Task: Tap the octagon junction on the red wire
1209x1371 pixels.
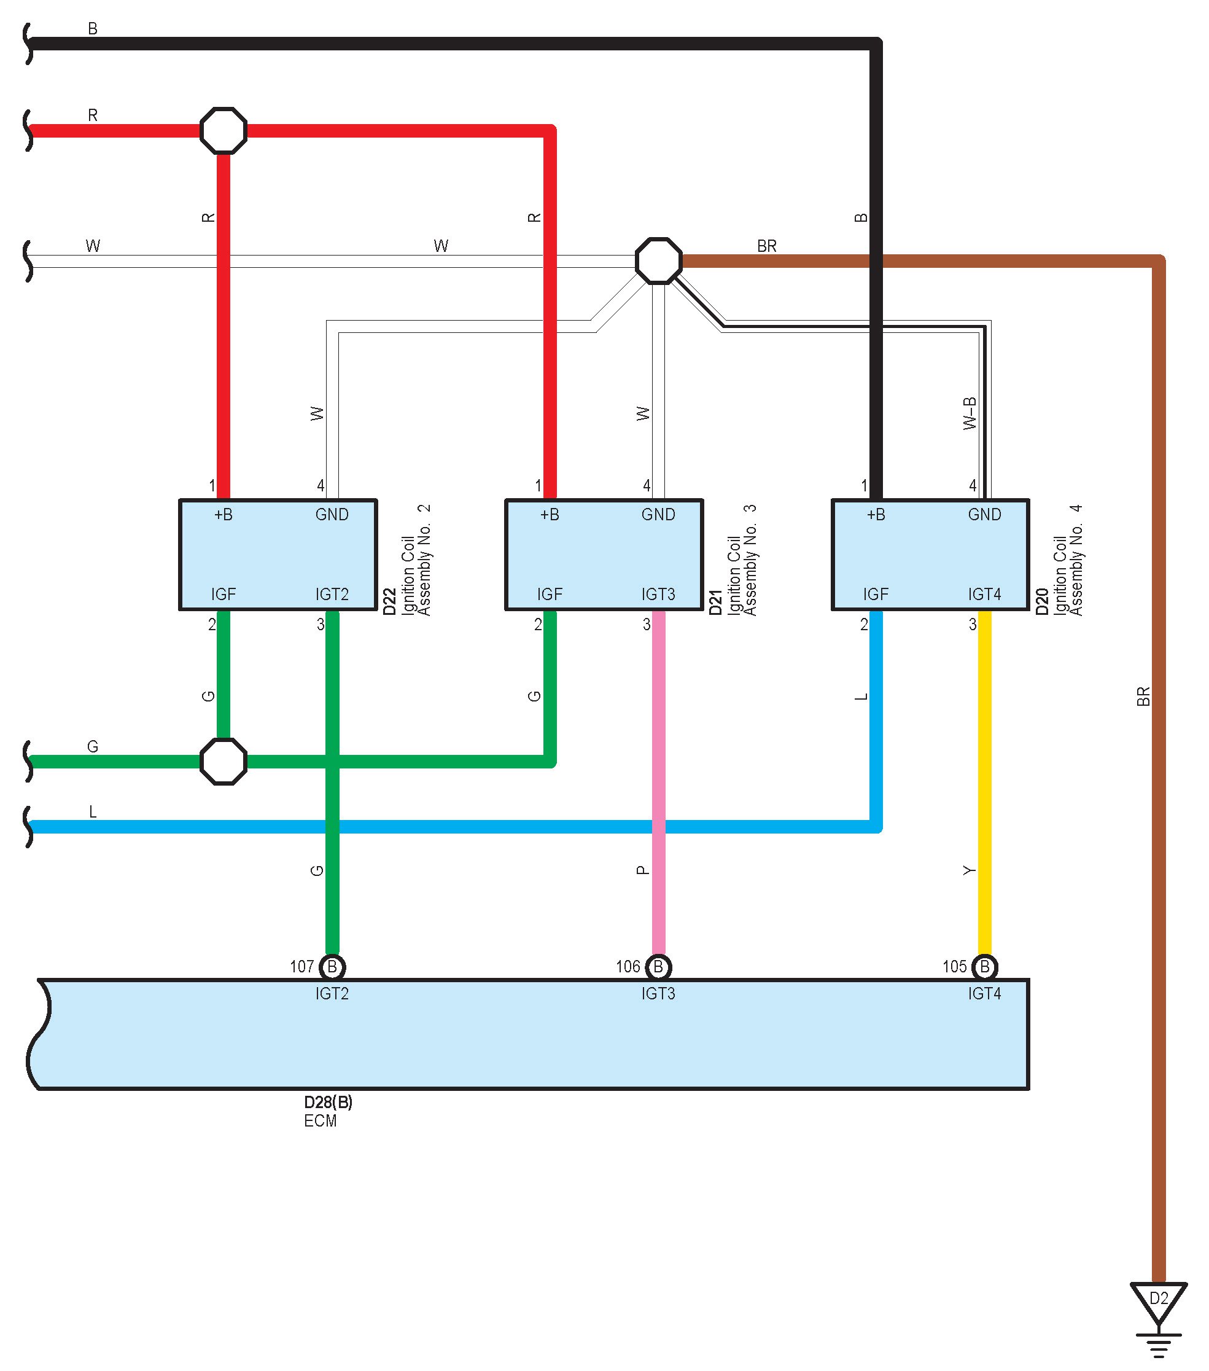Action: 224,130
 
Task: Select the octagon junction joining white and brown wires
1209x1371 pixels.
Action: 658,260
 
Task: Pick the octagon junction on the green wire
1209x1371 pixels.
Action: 224,761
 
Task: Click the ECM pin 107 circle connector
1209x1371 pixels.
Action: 332,967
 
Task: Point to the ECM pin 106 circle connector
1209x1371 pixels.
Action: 658,967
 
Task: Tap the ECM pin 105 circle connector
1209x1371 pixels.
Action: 984,967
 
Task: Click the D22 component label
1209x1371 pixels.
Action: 389,602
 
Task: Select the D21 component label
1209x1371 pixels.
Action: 715,602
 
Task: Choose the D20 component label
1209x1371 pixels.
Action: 1041,602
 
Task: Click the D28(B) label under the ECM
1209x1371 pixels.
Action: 328,1102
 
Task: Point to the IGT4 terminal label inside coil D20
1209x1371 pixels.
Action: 984,594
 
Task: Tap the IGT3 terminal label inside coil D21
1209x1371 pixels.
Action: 658,594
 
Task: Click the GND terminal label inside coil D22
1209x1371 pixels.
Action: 332,515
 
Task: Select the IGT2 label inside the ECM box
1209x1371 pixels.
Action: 332,993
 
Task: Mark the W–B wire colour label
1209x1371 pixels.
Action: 970,413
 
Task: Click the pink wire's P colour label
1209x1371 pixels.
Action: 642,870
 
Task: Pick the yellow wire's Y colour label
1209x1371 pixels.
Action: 969,870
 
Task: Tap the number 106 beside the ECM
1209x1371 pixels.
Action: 628,967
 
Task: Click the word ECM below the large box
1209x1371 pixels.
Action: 320,1121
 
